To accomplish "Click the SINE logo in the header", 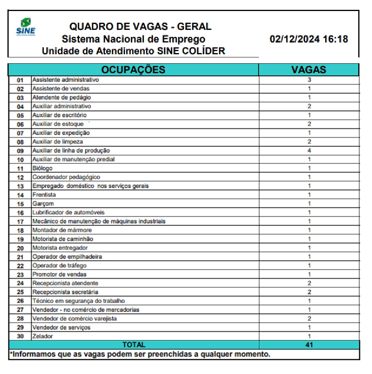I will point(26,26).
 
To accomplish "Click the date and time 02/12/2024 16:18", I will point(308,39).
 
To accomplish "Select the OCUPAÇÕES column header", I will point(133,70).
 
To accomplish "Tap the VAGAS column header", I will point(308,70).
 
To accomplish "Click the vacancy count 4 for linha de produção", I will point(309,151).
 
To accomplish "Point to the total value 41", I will point(309,345).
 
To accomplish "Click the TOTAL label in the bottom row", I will point(134,345).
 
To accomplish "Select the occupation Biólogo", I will point(42,168).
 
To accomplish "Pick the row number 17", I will point(20,221).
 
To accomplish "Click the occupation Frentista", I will point(44,195).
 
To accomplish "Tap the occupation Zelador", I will point(42,336).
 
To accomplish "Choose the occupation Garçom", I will point(43,204).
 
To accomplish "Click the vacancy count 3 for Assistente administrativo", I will point(309,80).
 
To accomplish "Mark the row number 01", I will point(20,80).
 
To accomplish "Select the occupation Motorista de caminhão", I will point(63,239).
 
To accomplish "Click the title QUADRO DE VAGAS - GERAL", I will point(140,27).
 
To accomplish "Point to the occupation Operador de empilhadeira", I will point(67,257).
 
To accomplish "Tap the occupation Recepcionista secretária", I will point(65,292).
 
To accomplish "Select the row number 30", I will point(20,336).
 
